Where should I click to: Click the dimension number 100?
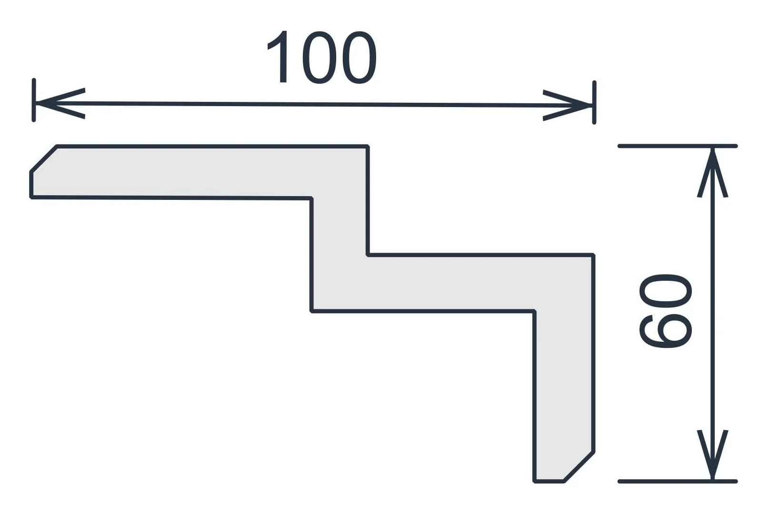(x=322, y=57)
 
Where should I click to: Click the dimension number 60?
(x=665, y=311)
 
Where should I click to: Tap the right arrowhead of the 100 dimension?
(x=567, y=105)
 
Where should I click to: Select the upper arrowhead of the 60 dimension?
(x=713, y=173)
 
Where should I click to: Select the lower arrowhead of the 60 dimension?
(x=713, y=455)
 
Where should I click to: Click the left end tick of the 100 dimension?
(x=34, y=100)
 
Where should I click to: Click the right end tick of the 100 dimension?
(x=594, y=102)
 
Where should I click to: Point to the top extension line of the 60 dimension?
(x=678, y=146)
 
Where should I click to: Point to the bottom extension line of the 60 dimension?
(x=678, y=482)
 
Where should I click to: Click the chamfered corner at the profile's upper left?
(x=44, y=158)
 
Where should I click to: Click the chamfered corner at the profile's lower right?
(x=579, y=467)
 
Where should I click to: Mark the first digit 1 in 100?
(x=279, y=57)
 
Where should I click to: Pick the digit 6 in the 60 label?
(x=665, y=331)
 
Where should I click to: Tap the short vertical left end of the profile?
(x=31, y=184)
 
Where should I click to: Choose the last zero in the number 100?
(x=360, y=57)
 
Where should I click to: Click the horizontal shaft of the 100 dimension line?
(x=314, y=104)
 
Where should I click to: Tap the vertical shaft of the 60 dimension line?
(x=713, y=314)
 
